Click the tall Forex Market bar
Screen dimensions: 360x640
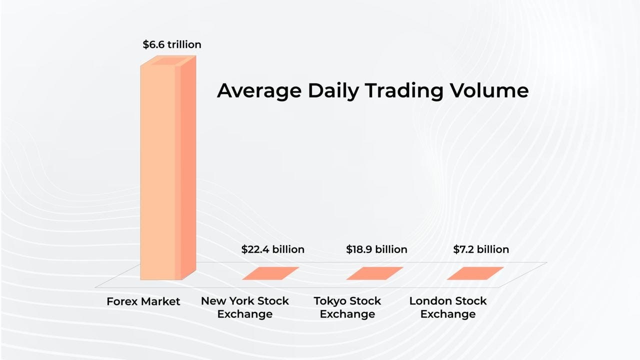point(160,170)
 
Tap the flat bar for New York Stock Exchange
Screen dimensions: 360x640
point(270,273)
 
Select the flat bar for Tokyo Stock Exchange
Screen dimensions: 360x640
point(374,273)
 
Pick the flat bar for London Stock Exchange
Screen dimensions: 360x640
point(475,273)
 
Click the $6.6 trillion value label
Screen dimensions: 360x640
point(172,44)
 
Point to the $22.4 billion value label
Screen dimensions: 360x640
point(272,249)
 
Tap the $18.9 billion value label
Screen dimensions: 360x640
point(376,249)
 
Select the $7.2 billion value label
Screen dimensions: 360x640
point(481,249)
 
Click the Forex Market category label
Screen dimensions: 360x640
point(143,301)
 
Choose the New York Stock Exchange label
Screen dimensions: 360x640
point(245,307)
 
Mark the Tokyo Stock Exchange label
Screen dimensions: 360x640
point(347,307)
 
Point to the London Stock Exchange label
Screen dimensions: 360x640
point(448,307)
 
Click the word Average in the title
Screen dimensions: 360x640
point(259,91)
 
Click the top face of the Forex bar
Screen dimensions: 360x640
point(168,60)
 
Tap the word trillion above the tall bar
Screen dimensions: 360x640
point(184,44)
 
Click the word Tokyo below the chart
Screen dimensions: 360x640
point(330,301)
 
